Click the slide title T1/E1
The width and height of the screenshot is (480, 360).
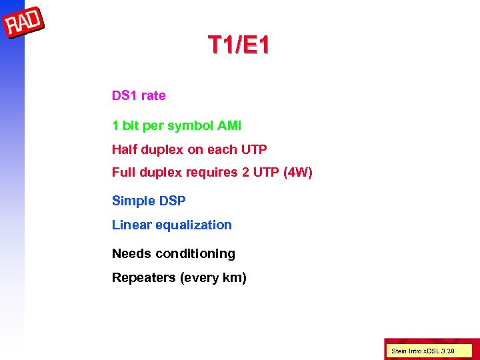[239, 45]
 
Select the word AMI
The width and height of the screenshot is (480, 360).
[230, 125]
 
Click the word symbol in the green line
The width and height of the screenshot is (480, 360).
[191, 125]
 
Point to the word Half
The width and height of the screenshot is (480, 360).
[124, 149]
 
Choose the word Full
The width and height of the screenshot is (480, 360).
[123, 172]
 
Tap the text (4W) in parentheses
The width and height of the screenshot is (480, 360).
[297, 172]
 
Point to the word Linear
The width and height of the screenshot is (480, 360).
[131, 225]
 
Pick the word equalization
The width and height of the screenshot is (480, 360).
[193, 225]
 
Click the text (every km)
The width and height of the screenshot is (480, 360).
[213, 277]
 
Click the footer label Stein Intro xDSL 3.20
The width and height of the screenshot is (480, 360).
[423, 350]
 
